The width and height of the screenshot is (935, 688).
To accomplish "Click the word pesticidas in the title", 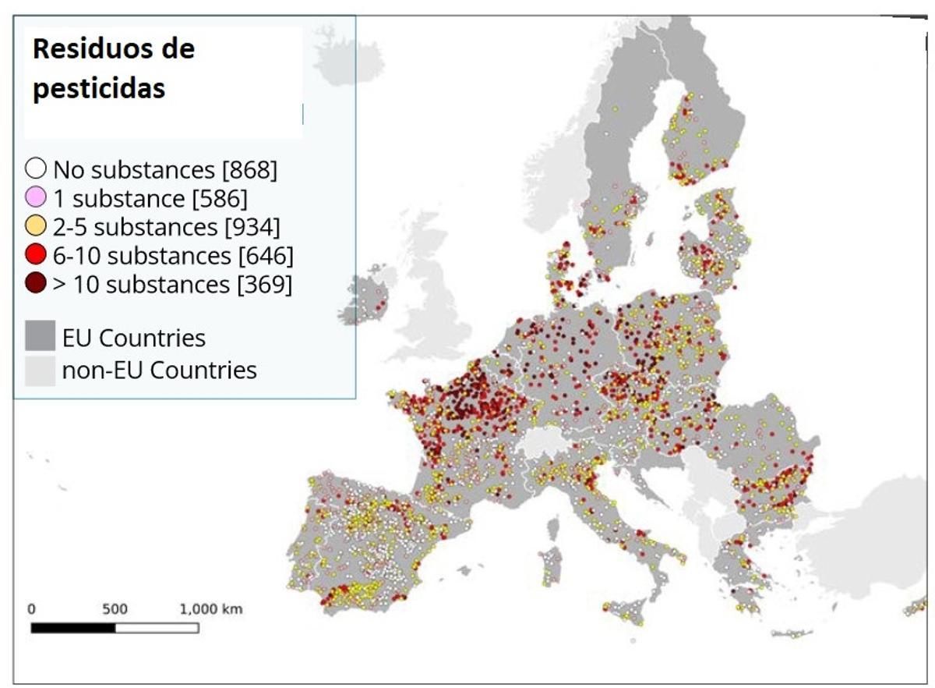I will [x=98, y=88].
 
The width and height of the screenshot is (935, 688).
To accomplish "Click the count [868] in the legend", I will [x=249, y=169].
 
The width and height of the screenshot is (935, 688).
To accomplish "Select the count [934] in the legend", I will [x=252, y=227].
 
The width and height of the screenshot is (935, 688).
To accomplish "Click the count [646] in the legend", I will [x=266, y=256].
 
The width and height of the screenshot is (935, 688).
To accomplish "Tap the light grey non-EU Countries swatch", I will [x=41, y=369].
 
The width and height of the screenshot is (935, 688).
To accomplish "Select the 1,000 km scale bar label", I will [x=210, y=609].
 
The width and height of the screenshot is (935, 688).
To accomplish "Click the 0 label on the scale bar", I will [x=31, y=609].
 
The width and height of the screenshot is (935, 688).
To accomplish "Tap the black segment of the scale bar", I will [x=73, y=627].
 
